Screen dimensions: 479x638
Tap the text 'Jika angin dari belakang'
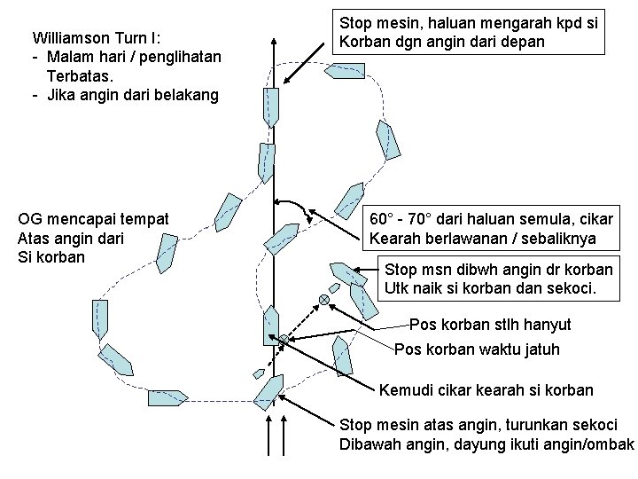[130, 95]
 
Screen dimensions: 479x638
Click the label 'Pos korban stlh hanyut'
[490, 325]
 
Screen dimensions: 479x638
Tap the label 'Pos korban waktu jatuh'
[477, 349]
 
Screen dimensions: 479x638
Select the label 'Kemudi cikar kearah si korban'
[486, 390]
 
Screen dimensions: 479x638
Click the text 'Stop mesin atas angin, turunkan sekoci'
[478, 425]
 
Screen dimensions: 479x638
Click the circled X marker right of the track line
[324, 301]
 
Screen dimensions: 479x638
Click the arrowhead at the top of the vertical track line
[275, 41]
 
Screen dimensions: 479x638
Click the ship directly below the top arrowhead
[270, 107]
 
